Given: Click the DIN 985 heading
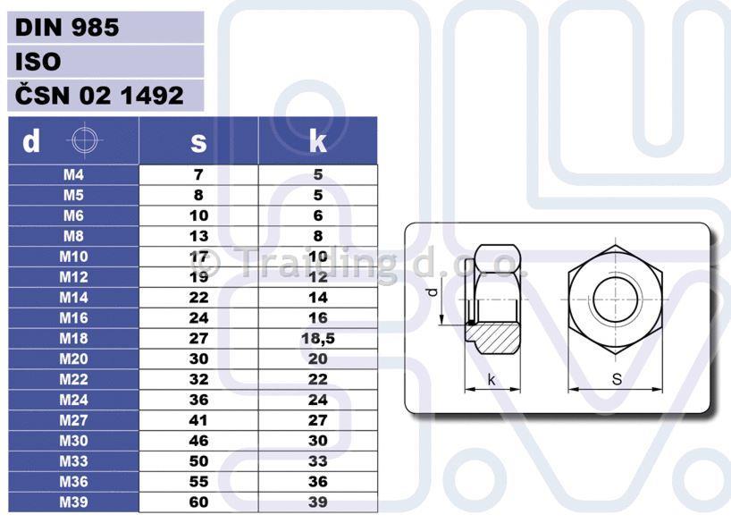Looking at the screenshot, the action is click(x=67, y=28).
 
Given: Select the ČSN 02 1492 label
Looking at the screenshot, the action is click(x=99, y=95).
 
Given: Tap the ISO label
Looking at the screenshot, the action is click(x=38, y=62).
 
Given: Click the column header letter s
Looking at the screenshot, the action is click(x=198, y=142).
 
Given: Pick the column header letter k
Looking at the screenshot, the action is click(x=318, y=140).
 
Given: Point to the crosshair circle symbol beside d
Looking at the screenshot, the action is click(x=85, y=139).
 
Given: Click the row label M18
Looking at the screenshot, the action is click(x=73, y=338).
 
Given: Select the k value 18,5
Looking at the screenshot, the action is click(x=318, y=338).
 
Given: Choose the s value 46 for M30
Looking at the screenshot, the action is click(x=198, y=441).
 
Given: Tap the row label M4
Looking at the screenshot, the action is click(x=73, y=174).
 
